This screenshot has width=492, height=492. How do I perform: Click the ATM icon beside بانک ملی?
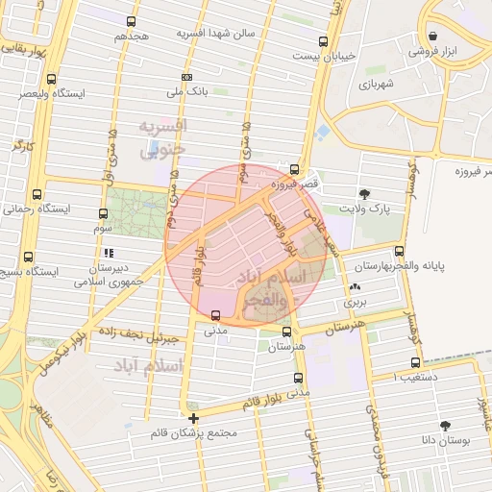pyautogui.click(x=186, y=77)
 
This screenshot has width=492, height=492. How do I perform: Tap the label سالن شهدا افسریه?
pyautogui.click(x=215, y=33)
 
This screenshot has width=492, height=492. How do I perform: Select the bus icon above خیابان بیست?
pyautogui.click(x=323, y=41)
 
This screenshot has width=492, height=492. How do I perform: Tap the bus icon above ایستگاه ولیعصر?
pyautogui.click(x=51, y=79)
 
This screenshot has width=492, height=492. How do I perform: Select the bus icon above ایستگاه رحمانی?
pyautogui.click(x=37, y=194)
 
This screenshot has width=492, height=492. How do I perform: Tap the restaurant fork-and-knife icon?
pyautogui.click(x=102, y=213)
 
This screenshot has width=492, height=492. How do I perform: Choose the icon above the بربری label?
pyautogui.click(x=356, y=287)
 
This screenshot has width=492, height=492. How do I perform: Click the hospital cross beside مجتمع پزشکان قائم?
pyautogui.click(x=194, y=418)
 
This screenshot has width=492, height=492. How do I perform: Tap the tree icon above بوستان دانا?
pyautogui.click(x=444, y=425)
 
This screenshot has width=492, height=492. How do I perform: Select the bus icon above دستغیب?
pyautogui.click(x=415, y=362)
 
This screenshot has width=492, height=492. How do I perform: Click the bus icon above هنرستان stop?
pyautogui.click(x=287, y=332)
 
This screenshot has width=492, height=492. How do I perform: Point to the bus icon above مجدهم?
pyautogui.click(x=132, y=20)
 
